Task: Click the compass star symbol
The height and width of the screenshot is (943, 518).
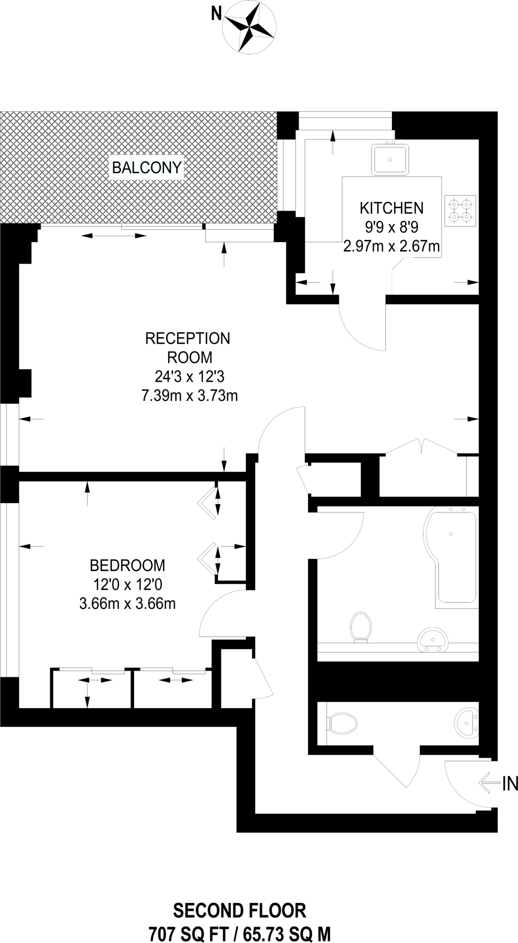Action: click(249, 27)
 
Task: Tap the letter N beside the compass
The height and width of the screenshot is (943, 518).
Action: click(215, 15)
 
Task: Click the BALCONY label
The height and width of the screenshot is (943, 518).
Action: click(147, 168)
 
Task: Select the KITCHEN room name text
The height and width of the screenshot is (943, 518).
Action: click(391, 208)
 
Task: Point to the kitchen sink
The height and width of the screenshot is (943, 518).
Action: click(390, 159)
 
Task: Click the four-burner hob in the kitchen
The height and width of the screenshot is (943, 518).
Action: click(460, 210)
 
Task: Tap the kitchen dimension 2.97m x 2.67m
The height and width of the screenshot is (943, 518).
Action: click(391, 247)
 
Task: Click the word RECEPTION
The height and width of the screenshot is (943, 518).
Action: click(187, 338)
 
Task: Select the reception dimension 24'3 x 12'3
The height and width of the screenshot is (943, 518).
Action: click(189, 377)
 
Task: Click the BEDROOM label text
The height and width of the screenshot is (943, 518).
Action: click(128, 565)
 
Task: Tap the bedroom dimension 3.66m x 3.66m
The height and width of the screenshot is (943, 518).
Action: click(128, 604)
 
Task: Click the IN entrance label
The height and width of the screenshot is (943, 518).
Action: click(510, 783)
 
